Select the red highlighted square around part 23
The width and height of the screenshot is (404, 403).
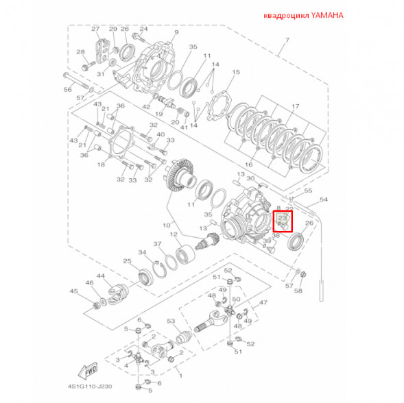click(283, 221)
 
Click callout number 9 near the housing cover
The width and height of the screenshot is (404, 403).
click(176, 32)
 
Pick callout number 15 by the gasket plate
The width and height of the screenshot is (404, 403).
click(236, 71)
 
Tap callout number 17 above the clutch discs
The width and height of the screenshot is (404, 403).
click(296, 107)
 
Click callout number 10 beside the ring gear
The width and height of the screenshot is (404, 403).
click(165, 225)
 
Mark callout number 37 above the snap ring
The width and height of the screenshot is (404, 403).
click(157, 243)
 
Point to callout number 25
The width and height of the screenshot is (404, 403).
click(127, 261)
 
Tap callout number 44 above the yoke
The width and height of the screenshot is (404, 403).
click(100, 276)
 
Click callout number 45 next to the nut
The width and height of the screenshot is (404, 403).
click(74, 291)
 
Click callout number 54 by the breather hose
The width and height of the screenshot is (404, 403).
click(324, 200)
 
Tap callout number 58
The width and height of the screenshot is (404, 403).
click(298, 291)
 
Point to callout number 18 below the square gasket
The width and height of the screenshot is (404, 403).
click(101, 164)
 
